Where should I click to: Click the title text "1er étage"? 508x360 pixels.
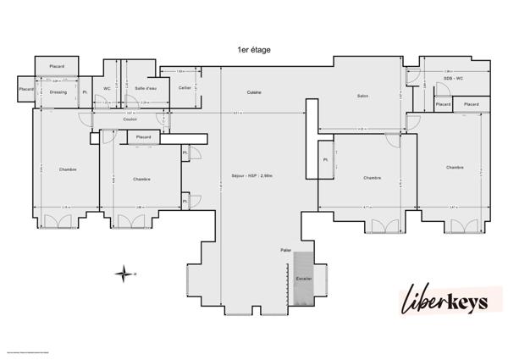(x=254, y=51)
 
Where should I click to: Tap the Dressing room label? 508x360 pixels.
(x=58, y=92)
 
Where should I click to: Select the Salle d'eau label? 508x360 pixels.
(x=145, y=88)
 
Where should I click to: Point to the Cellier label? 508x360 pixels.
(x=185, y=88)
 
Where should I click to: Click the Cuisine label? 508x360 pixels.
(x=254, y=91)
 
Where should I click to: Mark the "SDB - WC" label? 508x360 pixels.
(x=454, y=78)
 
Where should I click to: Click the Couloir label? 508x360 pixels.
(x=130, y=119)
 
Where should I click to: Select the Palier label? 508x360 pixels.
(x=286, y=251)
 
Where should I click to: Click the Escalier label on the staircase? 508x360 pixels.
(x=303, y=279)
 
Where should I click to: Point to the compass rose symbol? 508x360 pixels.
(x=124, y=273)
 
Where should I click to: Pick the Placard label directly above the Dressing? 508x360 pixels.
(x=58, y=66)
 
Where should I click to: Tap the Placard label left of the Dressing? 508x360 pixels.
(x=26, y=87)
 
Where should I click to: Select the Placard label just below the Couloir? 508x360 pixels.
(x=143, y=136)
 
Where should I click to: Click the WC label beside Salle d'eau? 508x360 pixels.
(x=108, y=88)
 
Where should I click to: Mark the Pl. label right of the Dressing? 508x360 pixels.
(x=85, y=92)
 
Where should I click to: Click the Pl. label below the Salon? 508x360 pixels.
(x=324, y=159)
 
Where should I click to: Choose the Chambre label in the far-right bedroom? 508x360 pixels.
(x=455, y=168)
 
